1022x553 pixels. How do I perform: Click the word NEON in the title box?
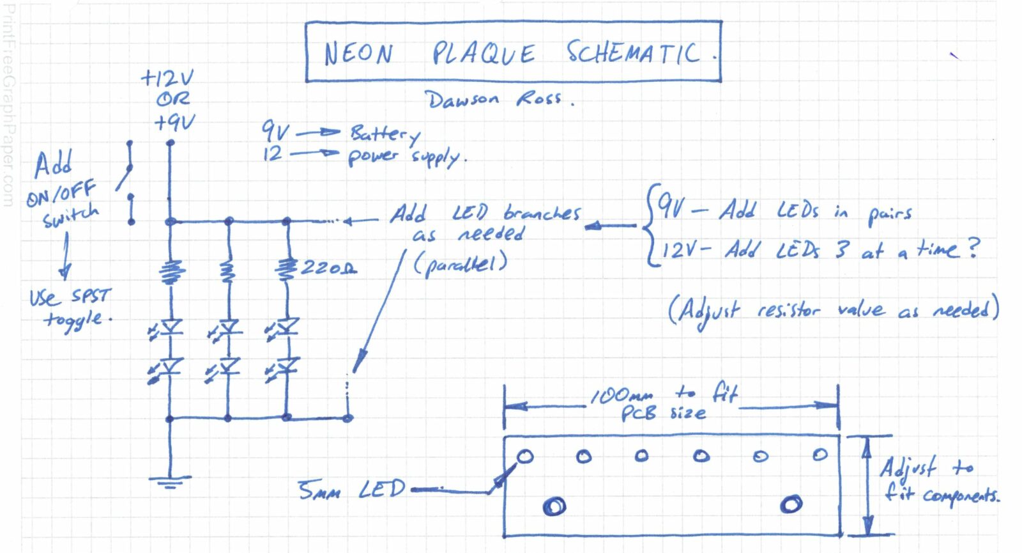pos(358,54)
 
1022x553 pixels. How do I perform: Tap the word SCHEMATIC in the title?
pos(633,52)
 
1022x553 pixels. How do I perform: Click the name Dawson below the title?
pos(462,100)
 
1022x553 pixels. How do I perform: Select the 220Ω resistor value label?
pos(328,268)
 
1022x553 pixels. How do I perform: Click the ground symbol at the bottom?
pos(170,481)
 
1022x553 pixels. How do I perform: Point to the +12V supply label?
pos(167,78)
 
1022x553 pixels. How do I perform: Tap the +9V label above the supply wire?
pos(174,122)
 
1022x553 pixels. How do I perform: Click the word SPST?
pos(91,296)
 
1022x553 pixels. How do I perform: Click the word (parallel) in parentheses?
pos(460,264)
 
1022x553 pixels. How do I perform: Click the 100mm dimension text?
pos(622,396)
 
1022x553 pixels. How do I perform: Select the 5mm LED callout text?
pos(352,490)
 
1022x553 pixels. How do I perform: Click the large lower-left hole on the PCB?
pos(554,506)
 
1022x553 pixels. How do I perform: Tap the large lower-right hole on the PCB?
pos(791,504)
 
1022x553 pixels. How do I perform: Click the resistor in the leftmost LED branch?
pos(171,271)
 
